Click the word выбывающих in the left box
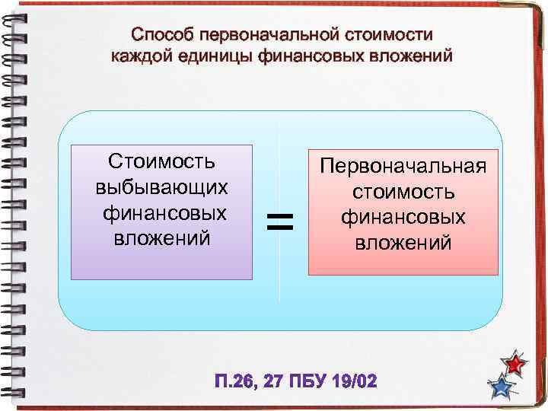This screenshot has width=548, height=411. tap(161, 186)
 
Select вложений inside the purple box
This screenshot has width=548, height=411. tap(161, 238)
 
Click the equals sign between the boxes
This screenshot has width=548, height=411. tap(280, 221)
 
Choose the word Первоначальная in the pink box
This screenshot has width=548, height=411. tap(403, 166)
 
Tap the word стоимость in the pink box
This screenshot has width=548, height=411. tap(403, 192)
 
